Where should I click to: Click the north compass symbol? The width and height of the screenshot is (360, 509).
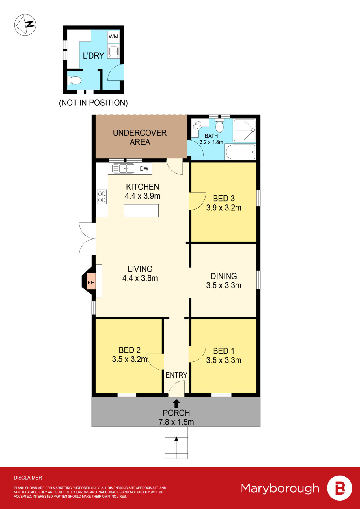(25, 25)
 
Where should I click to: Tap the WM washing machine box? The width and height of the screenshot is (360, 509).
(113, 36)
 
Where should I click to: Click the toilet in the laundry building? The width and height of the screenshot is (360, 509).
(75, 80)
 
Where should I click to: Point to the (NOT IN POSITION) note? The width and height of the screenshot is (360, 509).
(93, 103)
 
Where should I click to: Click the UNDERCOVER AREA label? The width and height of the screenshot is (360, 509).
(140, 137)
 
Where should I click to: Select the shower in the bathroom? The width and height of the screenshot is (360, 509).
(245, 130)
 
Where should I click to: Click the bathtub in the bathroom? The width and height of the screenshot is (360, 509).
(240, 152)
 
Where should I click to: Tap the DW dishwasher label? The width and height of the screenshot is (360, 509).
(144, 169)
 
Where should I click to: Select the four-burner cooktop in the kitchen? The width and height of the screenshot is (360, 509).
(102, 197)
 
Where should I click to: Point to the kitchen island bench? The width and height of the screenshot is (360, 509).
(141, 211)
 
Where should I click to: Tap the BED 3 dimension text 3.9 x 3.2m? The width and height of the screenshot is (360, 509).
(224, 208)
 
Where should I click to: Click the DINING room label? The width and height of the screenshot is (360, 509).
(224, 276)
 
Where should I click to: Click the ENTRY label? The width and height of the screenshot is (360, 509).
(176, 375)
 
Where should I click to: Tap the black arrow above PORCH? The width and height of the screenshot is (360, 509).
(176, 404)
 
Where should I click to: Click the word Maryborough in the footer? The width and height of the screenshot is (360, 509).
(280, 488)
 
